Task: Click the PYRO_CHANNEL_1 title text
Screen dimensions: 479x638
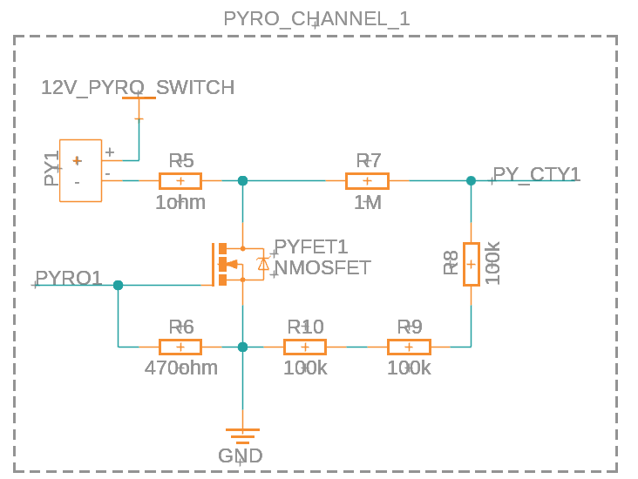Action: coord(316,19)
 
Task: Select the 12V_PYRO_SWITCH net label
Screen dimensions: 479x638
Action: coord(138,87)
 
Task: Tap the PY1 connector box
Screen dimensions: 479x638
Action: coord(80,170)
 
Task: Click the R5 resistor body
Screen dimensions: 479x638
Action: coord(180,181)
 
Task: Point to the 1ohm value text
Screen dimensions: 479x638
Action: coord(180,203)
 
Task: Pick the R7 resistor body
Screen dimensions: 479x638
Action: coord(367,181)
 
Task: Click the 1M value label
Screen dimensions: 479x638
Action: coord(367,203)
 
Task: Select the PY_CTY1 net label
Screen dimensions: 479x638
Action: coord(536,174)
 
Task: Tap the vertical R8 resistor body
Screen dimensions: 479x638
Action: coord(471,264)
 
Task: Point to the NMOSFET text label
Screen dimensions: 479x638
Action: coord(322,267)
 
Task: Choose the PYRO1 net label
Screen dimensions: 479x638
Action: coord(69,279)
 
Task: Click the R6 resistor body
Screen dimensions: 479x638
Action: coord(180,347)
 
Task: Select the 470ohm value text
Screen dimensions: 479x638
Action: coord(180,368)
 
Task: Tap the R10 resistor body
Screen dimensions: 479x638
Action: coord(305,347)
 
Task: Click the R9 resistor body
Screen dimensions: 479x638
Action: coord(409,347)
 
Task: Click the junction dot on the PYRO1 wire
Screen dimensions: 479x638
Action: coord(119,285)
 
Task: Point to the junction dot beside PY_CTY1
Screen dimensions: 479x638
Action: coord(471,181)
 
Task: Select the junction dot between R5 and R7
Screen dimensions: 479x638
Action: coord(242,181)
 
